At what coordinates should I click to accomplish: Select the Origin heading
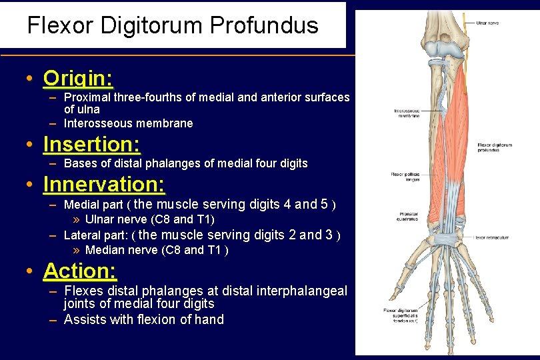click(78, 79)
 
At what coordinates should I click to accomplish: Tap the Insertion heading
click(91, 144)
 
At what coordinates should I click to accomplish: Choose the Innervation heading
click(104, 184)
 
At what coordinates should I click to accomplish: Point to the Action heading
click(80, 271)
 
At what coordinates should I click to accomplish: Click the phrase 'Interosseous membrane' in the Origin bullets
click(128, 123)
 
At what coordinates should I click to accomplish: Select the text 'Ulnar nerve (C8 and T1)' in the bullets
click(150, 219)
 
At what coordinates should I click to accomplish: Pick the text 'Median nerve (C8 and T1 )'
click(157, 250)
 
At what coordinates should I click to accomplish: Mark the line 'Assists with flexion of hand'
click(143, 319)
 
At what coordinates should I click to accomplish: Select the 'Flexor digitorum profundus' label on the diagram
click(495, 147)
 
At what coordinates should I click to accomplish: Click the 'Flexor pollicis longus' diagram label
click(405, 177)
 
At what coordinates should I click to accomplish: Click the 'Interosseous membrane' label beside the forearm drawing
click(407, 113)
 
